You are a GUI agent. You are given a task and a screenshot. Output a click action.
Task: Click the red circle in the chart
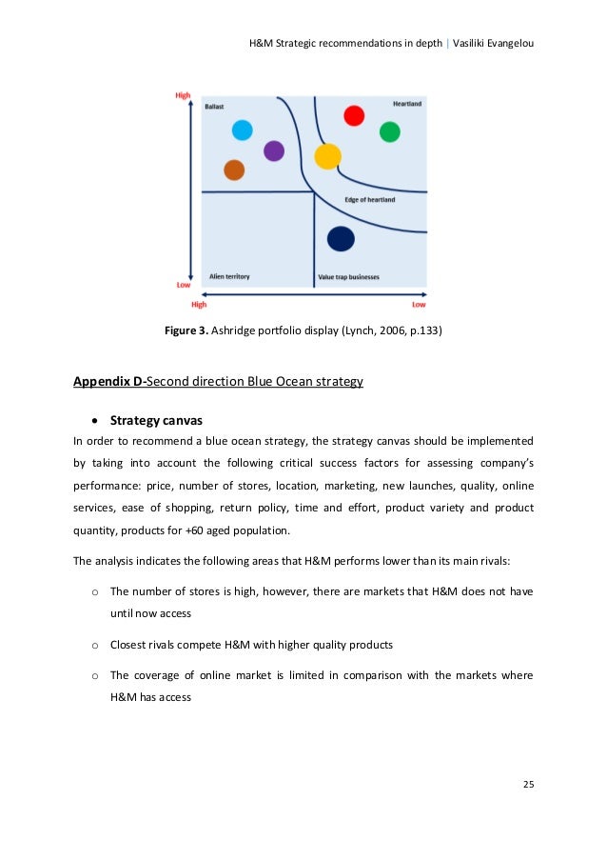[354, 115]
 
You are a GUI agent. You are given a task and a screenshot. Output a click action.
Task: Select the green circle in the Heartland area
[390, 132]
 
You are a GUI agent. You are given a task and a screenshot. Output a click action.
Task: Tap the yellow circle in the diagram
[327, 155]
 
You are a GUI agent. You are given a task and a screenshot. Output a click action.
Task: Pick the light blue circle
[243, 130]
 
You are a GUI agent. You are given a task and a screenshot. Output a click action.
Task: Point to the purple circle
[274, 150]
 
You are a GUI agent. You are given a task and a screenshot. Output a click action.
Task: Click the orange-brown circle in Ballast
[234, 170]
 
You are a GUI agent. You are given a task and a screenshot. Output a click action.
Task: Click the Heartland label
[407, 103]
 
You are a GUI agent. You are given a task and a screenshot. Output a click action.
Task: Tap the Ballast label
[215, 107]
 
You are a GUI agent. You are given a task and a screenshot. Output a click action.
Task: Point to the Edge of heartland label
[370, 200]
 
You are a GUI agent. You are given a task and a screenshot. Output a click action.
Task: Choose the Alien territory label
[228, 277]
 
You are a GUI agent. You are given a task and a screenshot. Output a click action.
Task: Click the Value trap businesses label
[348, 277]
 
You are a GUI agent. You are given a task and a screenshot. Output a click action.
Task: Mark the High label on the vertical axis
[184, 95]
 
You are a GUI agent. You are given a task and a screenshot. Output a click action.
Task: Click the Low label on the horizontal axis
[419, 305]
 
